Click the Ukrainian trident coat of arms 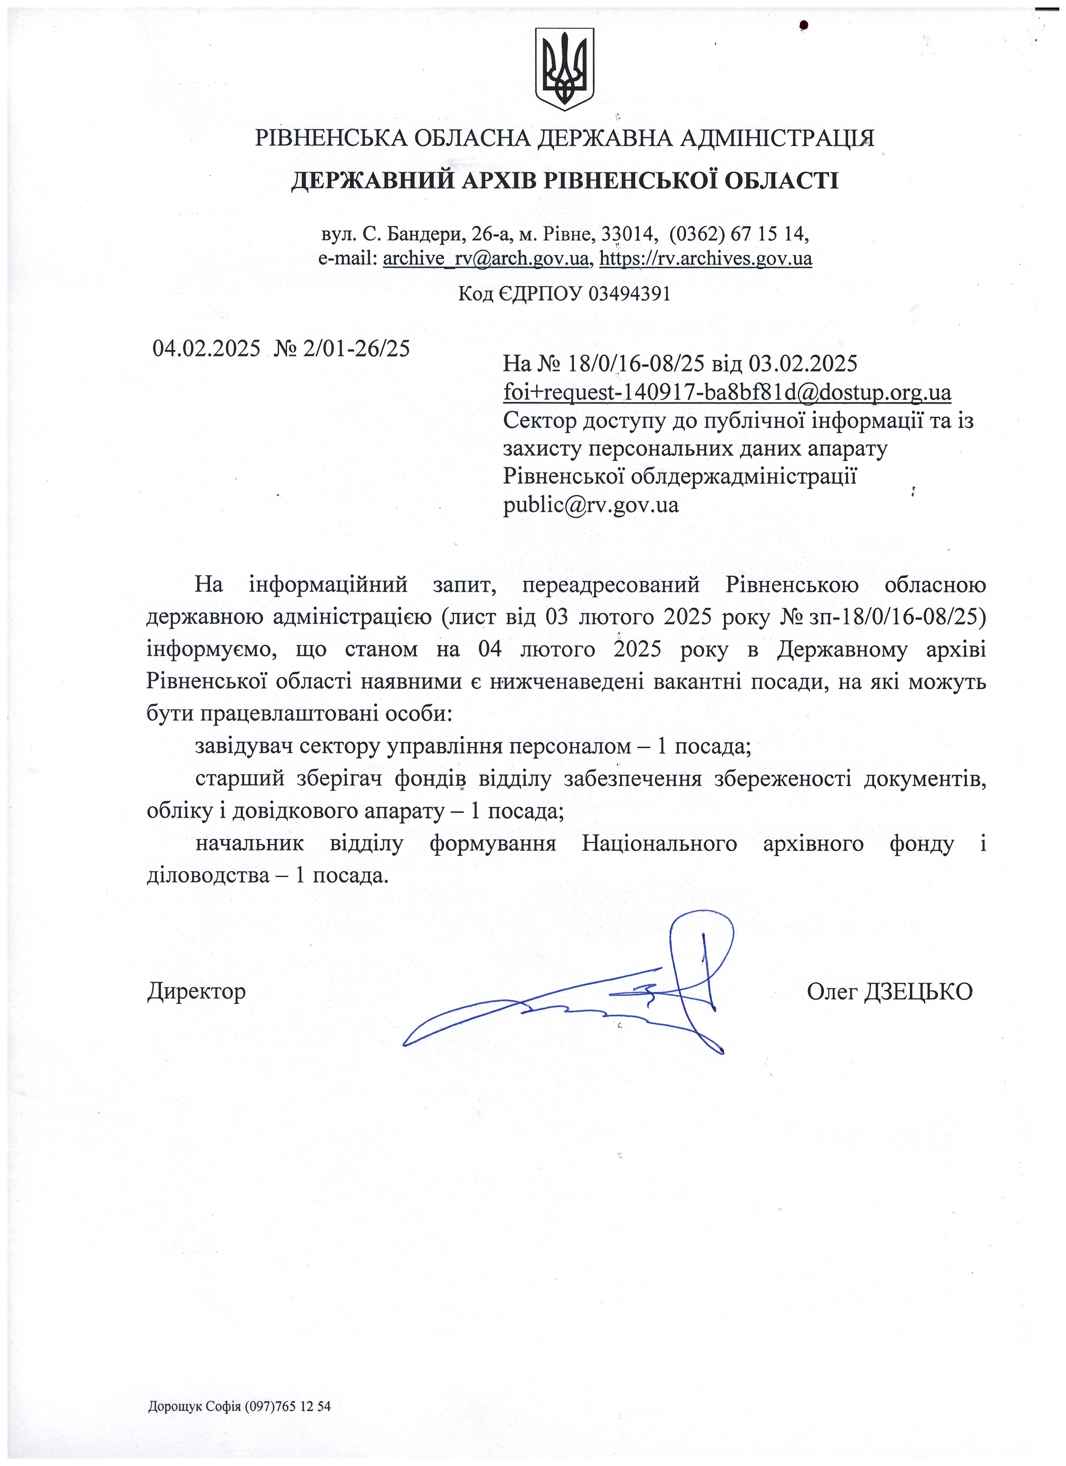[x=564, y=68]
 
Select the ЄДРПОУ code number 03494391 [x=630, y=294]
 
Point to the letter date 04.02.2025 [x=206, y=349]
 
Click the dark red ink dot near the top [x=804, y=26]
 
